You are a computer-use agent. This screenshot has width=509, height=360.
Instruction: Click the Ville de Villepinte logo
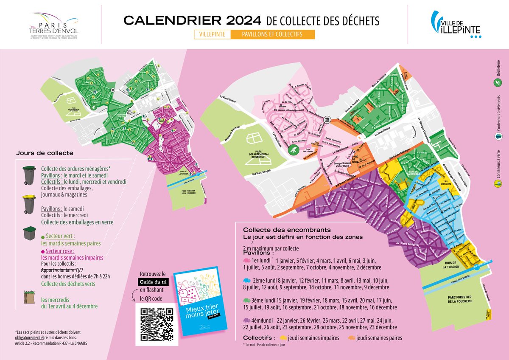point(456,25)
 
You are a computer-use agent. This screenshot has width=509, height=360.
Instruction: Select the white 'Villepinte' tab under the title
point(213,35)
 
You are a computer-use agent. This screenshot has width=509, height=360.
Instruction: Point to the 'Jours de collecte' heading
point(45,153)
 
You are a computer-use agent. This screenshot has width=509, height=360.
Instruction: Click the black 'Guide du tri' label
point(152,282)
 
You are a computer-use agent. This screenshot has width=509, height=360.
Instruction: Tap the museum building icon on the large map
point(326,121)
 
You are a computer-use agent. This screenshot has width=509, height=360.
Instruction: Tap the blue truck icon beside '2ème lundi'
point(246,281)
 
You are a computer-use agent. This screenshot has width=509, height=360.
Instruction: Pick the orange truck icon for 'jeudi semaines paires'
point(352,338)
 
